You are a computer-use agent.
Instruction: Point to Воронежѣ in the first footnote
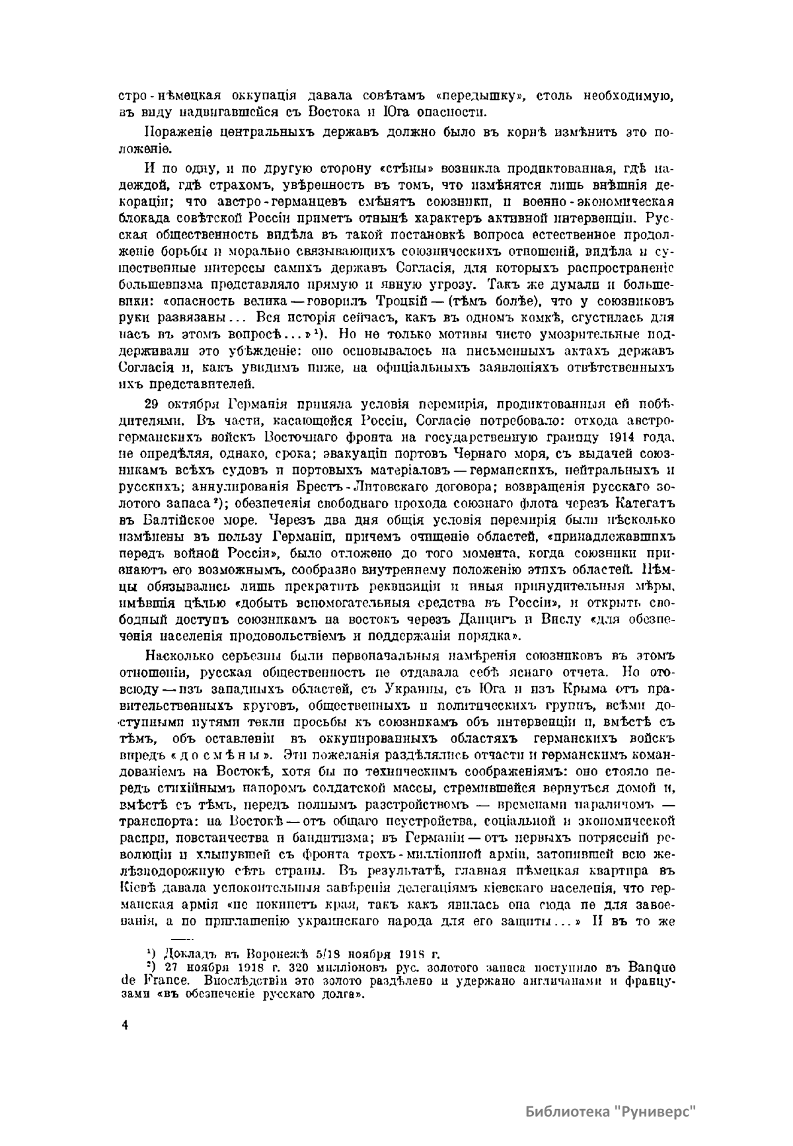(277, 954)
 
